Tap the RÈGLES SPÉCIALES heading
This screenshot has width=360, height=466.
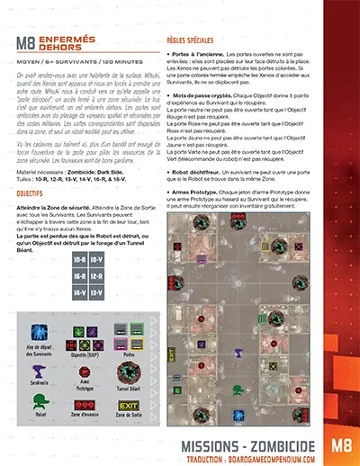(x=197, y=40)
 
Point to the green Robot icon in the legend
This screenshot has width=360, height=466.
(x=36, y=404)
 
